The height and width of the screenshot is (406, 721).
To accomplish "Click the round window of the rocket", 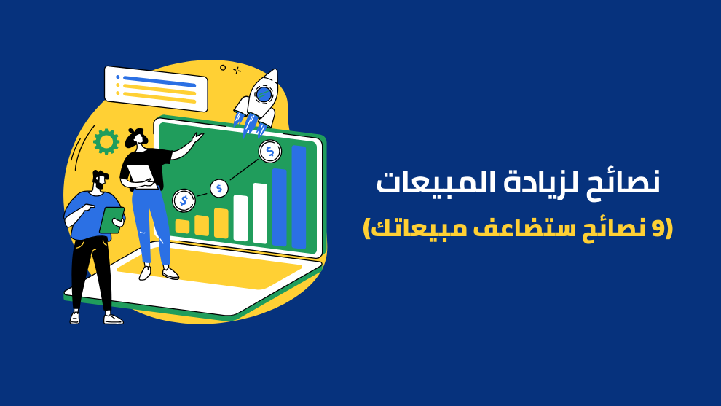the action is [264, 94].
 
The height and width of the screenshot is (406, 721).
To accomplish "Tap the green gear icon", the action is [106, 142].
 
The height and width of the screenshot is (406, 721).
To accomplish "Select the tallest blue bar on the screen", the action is [299, 197].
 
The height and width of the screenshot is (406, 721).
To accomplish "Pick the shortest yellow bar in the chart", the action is [183, 226].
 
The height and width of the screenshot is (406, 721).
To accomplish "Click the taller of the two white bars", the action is [260, 213].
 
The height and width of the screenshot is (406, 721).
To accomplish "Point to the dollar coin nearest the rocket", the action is [270, 152].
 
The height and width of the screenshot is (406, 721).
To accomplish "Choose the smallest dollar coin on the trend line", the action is [219, 188].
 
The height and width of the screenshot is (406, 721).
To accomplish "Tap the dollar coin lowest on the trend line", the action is [184, 200].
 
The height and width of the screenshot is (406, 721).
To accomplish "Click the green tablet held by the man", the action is [111, 220].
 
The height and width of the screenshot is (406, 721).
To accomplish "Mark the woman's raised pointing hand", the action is [197, 138].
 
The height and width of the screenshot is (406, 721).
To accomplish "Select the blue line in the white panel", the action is [159, 82].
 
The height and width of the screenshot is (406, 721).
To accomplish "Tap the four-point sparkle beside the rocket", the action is [237, 71].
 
